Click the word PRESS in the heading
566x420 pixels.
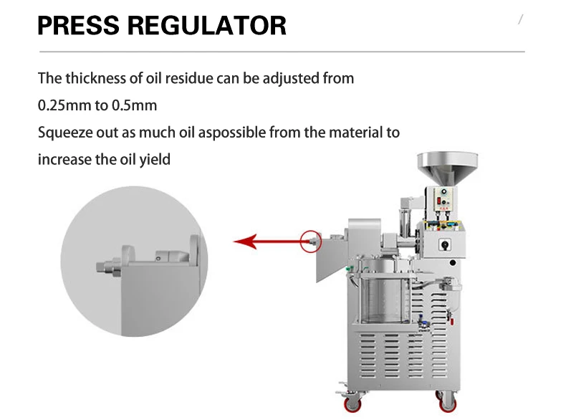click(x=77, y=26)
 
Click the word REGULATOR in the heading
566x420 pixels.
click(x=207, y=26)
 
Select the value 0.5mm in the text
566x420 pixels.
click(x=135, y=105)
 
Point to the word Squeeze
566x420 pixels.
click(x=62, y=133)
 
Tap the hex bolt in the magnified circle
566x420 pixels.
click(x=109, y=267)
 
